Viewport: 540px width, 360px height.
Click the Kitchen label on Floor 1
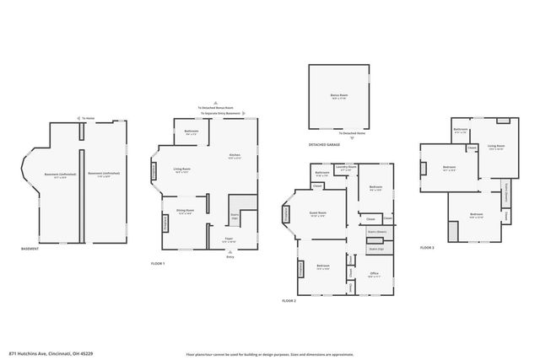235,155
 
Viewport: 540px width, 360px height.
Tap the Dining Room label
186,211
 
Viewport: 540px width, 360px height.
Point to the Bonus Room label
339,95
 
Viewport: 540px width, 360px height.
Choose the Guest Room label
317,213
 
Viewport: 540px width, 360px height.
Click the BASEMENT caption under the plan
31,249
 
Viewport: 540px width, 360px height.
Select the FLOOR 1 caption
158,264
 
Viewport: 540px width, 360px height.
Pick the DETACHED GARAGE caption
324,145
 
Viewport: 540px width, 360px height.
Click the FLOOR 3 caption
427,248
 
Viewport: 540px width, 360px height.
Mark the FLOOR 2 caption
289,300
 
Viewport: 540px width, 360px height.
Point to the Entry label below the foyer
230,257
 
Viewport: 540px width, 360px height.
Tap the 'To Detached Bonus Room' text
216,108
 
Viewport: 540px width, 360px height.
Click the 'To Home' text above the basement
88,117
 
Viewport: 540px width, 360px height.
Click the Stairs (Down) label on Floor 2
376,229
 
